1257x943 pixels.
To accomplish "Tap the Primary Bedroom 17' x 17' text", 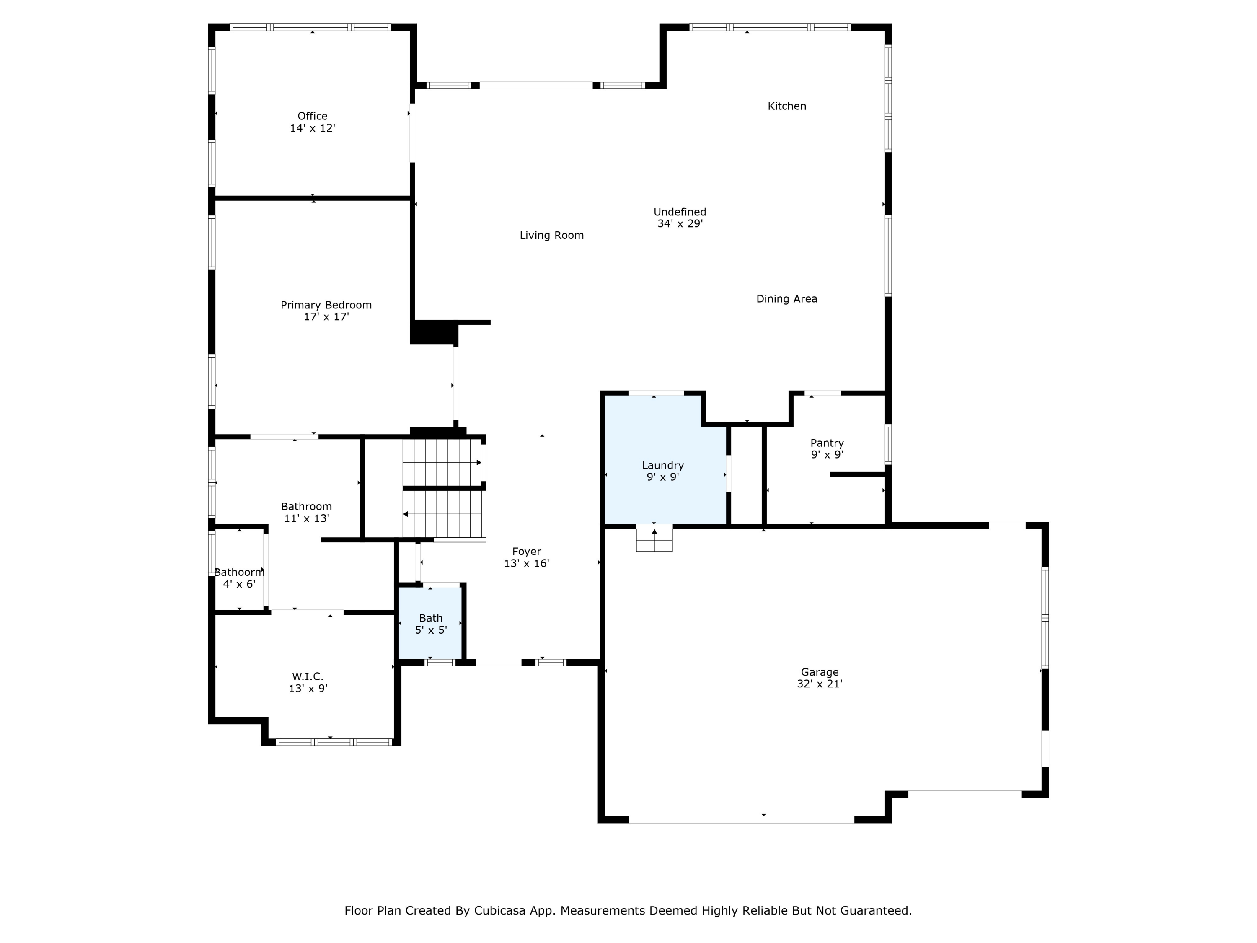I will click(326, 311).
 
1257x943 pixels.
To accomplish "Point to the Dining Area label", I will click(786, 299).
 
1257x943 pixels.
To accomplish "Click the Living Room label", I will click(551, 235).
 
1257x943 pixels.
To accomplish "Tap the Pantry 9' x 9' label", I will click(826, 448).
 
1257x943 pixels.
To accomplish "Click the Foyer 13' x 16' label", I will click(526, 557).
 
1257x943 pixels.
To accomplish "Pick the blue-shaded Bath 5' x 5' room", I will click(430, 624).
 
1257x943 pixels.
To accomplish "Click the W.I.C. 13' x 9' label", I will click(308, 682).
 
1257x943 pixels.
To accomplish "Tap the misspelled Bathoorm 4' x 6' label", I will click(239, 578).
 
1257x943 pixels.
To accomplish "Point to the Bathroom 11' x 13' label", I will click(306, 512).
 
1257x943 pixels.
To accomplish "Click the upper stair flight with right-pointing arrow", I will click(442, 463).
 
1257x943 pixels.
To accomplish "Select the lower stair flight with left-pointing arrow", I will click(442, 514).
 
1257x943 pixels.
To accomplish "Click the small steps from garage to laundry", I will click(654, 538).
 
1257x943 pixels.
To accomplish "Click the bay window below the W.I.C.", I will click(334, 742).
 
